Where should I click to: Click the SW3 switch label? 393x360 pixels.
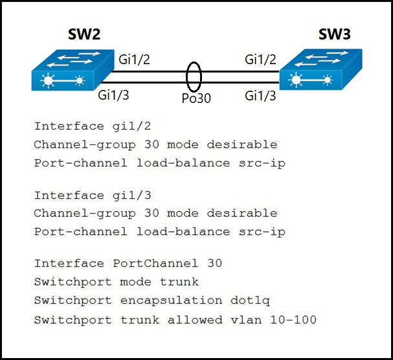pos(334,34)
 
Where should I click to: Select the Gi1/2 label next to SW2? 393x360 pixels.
pos(135,60)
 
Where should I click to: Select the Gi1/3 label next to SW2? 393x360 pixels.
pos(114,96)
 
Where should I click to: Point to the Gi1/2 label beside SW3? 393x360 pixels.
pos(260,60)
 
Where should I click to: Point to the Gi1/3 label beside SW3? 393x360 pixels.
pos(260,96)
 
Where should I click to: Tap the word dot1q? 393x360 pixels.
pos(246,300)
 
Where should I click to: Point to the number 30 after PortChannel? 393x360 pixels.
pos(214,264)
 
